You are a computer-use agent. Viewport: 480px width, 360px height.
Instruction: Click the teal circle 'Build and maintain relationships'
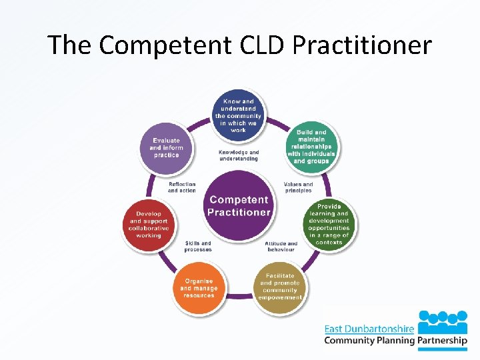(x=311, y=146)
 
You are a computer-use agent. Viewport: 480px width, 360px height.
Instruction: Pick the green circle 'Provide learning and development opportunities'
(x=329, y=224)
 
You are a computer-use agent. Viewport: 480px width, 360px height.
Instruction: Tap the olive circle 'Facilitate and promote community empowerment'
(x=281, y=287)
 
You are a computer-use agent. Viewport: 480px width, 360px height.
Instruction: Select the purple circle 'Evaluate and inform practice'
(x=166, y=147)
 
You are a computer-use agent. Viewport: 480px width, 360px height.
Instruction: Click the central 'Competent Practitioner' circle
(x=239, y=205)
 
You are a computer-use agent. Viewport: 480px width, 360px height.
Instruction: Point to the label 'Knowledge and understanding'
(x=239, y=155)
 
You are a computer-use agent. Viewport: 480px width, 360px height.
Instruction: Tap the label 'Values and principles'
(x=297, y=187)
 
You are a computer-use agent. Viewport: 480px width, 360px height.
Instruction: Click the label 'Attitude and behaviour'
(x=281, y=247)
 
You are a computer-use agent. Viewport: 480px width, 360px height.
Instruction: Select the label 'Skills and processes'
(x=198, y=247)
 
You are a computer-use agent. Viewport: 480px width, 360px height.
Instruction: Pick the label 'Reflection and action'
(x=182, y=187)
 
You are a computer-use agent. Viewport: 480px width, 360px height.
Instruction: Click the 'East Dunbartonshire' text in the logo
(x=369, y=328)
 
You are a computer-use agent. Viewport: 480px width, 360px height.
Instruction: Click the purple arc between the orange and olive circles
(x=239, y=295)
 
